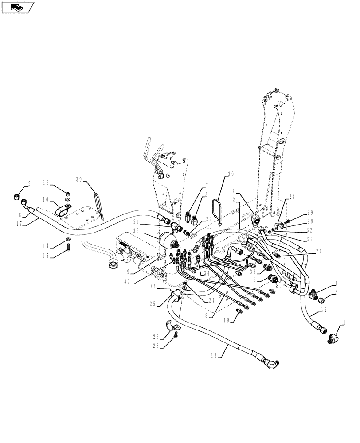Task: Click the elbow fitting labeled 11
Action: point(334,339)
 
